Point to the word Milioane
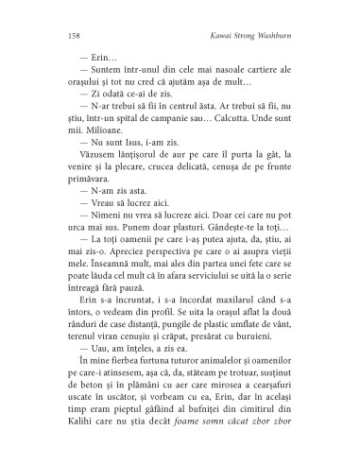click(98, 153)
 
